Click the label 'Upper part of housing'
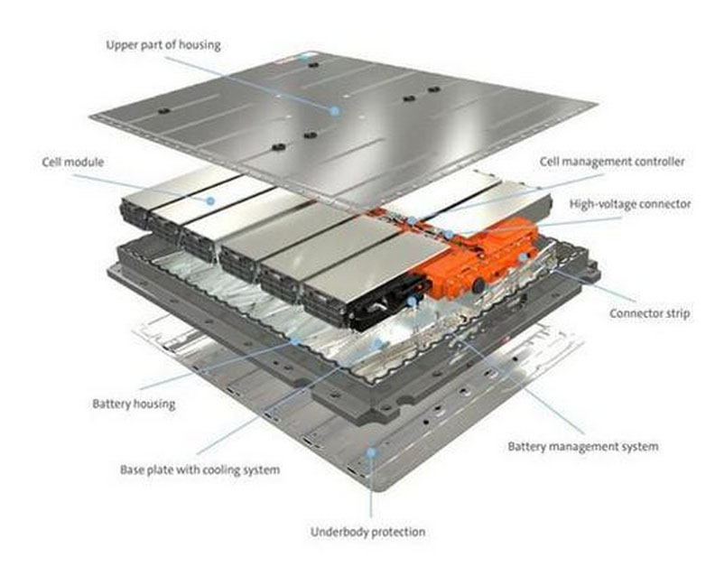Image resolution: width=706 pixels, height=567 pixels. [x=163, y=45]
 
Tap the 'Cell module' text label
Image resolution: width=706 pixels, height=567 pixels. [x=72, y=163]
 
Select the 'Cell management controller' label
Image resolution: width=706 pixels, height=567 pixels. [x=612, y=162]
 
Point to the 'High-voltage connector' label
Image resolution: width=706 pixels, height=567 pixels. [x=630, y=204]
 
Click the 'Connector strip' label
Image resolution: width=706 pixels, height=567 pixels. [x=649, y=313]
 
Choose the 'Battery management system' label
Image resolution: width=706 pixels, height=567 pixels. [x=583, y=447]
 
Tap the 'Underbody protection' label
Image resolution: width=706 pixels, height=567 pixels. [x=367, y=532]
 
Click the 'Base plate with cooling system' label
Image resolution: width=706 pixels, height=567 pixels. [x=200, y=470]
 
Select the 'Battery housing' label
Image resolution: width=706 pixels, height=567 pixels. [x=134, y=404]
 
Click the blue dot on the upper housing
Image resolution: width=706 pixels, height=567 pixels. [x=334, y=110]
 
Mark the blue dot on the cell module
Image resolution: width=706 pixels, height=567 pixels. [x=210, y=200]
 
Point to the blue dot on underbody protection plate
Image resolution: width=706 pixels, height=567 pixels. [x=371, y=451]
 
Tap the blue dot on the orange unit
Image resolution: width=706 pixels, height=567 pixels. [x=524, y=256]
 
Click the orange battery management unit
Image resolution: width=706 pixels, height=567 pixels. [x=478, y=259]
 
